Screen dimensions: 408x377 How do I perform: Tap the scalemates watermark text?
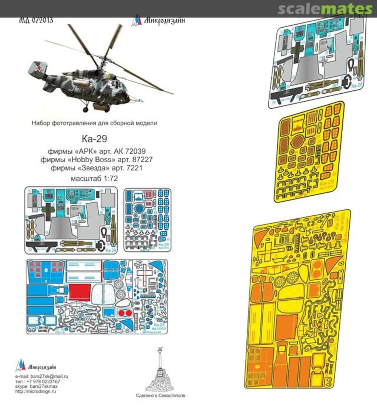[325, 9]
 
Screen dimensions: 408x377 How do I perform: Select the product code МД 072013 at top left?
[36, 20]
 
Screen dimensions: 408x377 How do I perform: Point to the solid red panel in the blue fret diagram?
[80, 292]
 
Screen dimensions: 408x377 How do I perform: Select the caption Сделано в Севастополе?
[160, 396]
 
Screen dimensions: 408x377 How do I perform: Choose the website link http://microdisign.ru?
[36, 391]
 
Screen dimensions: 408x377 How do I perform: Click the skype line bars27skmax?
[44, 386]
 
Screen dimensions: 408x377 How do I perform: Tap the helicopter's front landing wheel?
[86, 110]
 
